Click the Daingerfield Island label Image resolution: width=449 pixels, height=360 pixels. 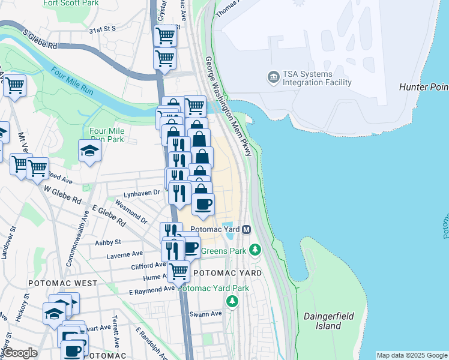click(329, 321)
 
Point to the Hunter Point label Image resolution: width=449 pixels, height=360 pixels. click(424, 88)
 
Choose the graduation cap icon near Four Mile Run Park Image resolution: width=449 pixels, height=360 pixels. click(89, 150)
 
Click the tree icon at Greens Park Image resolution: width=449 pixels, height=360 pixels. click(256, 248)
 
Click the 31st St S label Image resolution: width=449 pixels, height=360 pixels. click(102, 29)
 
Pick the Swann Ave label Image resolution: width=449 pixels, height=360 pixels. click(208, 313)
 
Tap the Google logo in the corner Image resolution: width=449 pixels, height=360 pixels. click(20, 353)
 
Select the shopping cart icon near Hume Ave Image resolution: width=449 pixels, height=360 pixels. click(178, 271)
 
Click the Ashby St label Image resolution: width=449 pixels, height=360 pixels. click(108, 242)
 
